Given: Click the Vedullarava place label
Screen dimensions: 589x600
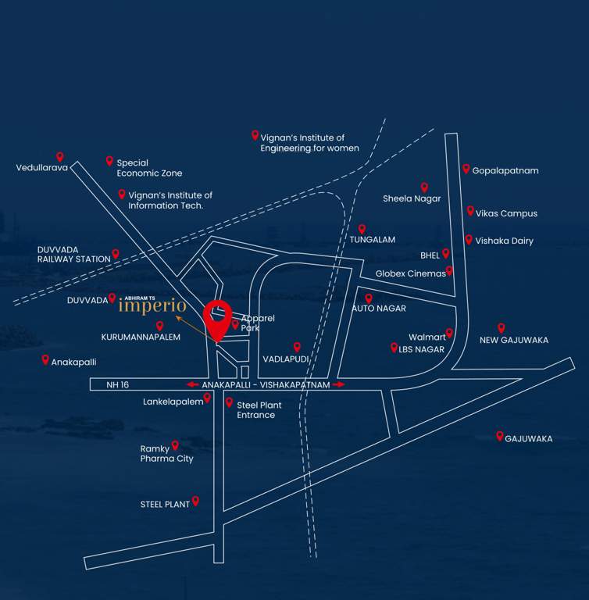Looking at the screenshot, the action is [42, 167].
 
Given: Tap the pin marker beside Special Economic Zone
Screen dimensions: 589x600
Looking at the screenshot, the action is [109, 161].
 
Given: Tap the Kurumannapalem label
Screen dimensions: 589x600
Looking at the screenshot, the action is [141, 337].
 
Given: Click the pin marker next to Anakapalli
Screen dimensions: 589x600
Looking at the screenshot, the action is [45, 359].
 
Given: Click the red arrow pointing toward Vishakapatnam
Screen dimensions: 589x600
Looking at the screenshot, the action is [338, 385].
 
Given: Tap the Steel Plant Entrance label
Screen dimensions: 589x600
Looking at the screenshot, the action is [259, 410].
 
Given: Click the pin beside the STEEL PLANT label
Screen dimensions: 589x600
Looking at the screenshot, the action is [196, 501].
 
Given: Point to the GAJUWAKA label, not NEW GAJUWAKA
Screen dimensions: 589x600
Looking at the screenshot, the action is [529, 439].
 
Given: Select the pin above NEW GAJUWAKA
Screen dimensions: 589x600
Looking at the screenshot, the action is [502, 328].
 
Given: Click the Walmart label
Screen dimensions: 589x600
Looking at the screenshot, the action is [427, 337].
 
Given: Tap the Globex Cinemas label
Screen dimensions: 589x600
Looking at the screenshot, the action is [410, 273].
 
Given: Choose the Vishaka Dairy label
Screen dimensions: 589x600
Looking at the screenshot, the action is [504, 241].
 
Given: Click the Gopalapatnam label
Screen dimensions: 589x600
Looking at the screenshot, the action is [505, 171].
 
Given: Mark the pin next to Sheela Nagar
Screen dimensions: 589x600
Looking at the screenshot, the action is [424, 187].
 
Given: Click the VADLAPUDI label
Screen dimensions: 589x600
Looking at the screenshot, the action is [285, 359].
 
